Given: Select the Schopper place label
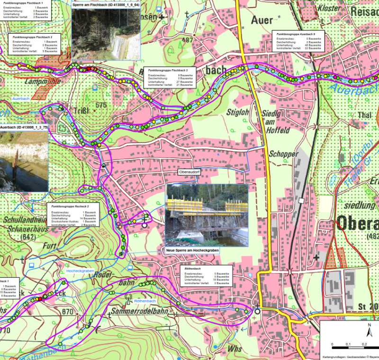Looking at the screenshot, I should [x=283, y=154].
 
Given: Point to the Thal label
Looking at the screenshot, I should [x=366, y=114].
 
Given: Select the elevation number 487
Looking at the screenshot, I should [x=187, y=40].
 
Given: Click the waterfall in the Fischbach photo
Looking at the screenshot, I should [x=117, y=45].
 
